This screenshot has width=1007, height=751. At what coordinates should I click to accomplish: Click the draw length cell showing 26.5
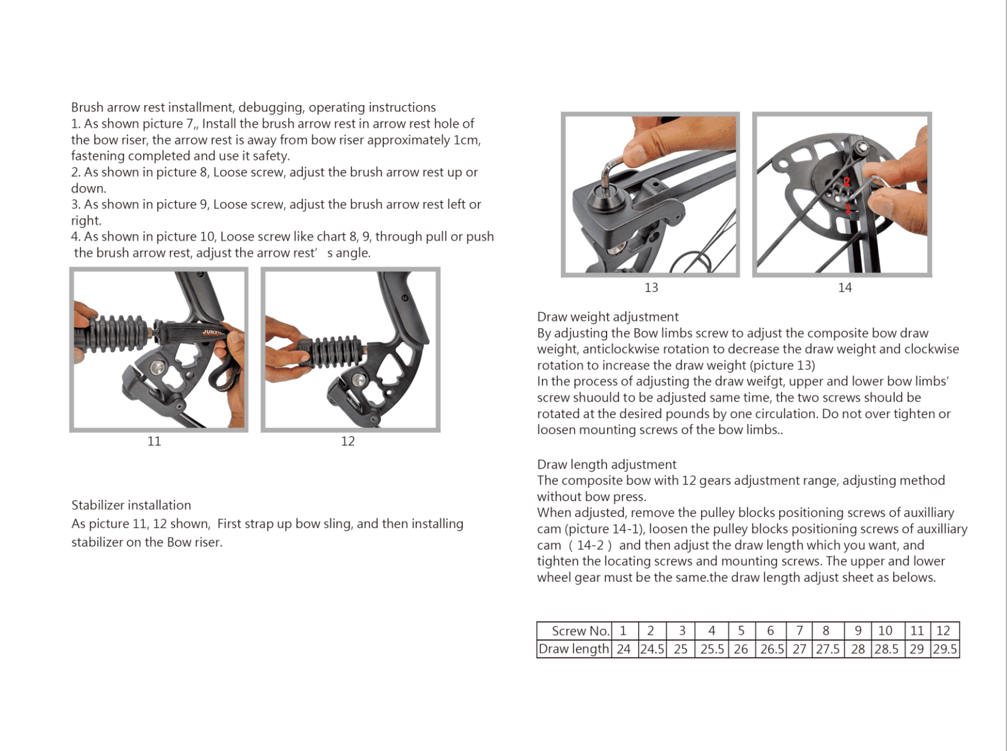772,649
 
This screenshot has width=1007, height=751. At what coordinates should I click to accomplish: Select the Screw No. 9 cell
858,631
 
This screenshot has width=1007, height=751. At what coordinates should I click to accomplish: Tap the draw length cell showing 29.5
945,649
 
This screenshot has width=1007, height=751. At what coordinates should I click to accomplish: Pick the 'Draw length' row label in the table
574,649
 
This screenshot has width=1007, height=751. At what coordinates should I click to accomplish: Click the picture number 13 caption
651,288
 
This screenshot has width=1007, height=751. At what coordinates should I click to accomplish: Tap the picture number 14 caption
844,288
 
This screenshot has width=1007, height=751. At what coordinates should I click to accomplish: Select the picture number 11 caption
154,442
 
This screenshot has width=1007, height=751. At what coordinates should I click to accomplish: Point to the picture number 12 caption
348,442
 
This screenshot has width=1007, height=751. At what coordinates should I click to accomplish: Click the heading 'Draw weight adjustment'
608,317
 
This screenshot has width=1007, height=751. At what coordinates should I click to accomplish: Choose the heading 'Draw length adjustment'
607,464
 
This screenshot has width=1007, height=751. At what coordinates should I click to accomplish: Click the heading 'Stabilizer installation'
131,506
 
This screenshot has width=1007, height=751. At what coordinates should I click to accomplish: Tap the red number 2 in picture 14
847,181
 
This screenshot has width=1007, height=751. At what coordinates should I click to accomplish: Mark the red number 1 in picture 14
848,208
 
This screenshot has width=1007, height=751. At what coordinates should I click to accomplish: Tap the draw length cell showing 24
624,649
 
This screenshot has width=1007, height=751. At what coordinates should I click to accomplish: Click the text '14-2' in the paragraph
590,545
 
